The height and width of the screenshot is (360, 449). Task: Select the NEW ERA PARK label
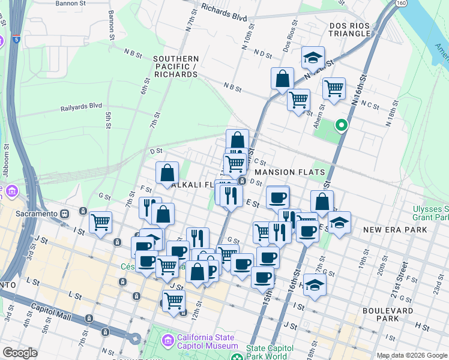pyautogui.click(x=395, y=230)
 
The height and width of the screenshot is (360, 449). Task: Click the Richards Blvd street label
pyautogui.click(x=224, y=13)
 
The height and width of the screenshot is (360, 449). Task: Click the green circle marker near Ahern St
pyautogui.click(x=342, y=125)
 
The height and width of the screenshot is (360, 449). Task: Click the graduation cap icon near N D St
pyautogui.click(x=313, y=58)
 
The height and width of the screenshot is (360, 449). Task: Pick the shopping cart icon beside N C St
pyautogui.click(x=334, y=88)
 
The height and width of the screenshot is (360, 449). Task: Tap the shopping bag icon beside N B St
pyautogui.click(x=282, y=79)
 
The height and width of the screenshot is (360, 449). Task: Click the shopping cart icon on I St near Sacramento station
pyautogui.click(x=100, y=221)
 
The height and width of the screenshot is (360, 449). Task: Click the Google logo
pyautogui.click(x=20, y=353)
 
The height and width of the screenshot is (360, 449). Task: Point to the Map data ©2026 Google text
pyautogui.click(x=412, y=355)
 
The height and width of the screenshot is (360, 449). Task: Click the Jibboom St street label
pyautogui.click(x=5, y=155)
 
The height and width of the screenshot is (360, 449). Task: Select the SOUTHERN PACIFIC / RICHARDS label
pyautogui.click(x=176, y=67)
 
